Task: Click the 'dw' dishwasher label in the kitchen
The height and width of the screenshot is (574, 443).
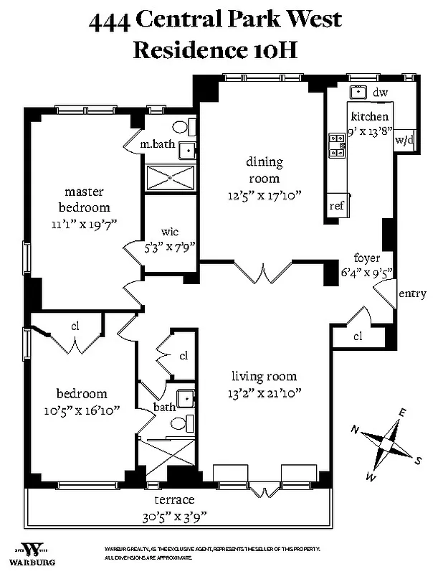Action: pos(381,93)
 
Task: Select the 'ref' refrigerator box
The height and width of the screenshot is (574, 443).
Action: pos(337,205)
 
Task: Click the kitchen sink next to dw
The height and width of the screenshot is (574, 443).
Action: pos(358,92)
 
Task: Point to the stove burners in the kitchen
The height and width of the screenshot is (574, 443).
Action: pos(335,146)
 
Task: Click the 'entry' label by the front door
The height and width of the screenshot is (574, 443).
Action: pos(411,293)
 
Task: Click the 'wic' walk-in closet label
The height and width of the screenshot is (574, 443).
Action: pos(169,232)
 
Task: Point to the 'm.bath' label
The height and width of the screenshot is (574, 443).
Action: pos(157,144)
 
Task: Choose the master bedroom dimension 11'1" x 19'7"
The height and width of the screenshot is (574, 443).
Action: pos(85,223)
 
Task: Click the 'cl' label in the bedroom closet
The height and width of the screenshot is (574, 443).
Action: pos(75,326)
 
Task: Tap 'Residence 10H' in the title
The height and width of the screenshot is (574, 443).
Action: pos(216,50)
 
